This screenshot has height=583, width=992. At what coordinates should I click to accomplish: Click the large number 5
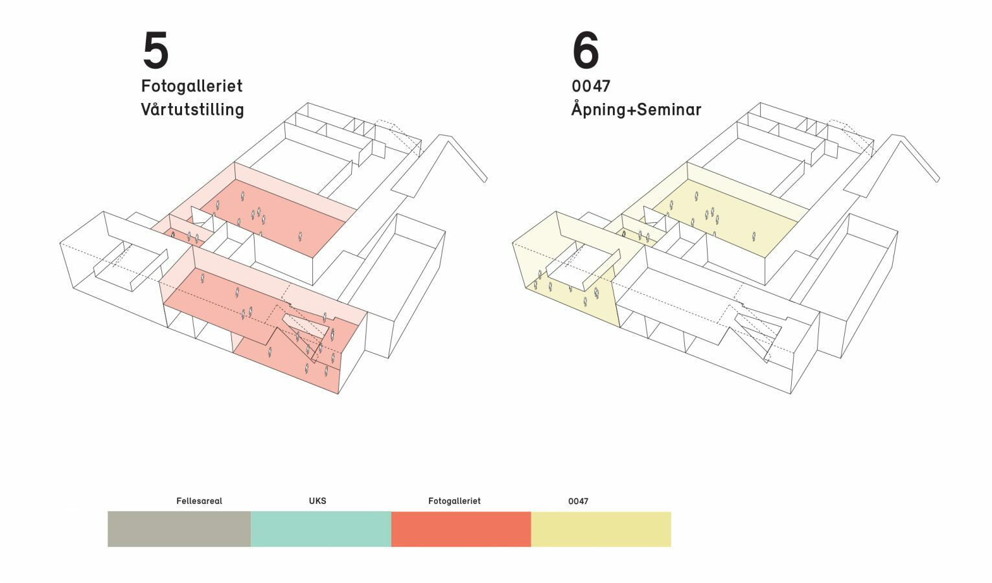(x=156, y=51)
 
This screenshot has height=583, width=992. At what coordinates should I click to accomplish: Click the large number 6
(x=586, y=51)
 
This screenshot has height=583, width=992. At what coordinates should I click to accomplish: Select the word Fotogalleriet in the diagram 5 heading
(x=192, y=86)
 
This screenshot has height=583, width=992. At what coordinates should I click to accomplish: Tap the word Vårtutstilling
(x=192, y=109)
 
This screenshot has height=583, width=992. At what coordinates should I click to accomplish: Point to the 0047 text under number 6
(x=591, y=86)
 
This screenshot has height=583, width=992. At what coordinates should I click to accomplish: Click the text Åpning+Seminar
(x=636, y=109)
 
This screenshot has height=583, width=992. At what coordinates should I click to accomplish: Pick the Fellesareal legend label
(x=199, y=501)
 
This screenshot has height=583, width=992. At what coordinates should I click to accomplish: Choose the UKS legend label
(x=317, y=501)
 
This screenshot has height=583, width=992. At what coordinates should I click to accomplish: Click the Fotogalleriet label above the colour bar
(x=454, y=501)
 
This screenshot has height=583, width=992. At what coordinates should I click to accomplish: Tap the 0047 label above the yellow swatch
(x=578, y=501)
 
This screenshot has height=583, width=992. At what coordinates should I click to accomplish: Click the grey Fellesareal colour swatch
(x=179, y=529)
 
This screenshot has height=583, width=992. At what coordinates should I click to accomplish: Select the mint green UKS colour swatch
(x=321, y=529)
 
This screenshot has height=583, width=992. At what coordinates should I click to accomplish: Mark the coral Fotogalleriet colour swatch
(x=461, y=529)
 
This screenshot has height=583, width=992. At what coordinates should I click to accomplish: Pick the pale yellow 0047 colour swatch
(x=601, y=529)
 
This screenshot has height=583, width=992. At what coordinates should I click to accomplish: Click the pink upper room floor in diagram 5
(x=285, y=214)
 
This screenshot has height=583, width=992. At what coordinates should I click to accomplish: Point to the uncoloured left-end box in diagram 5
(x=97, y=259)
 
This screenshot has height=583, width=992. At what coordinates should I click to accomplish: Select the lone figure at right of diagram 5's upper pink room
(x=300, y=236)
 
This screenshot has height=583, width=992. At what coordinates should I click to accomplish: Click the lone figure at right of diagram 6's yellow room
(x=754, y=236)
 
